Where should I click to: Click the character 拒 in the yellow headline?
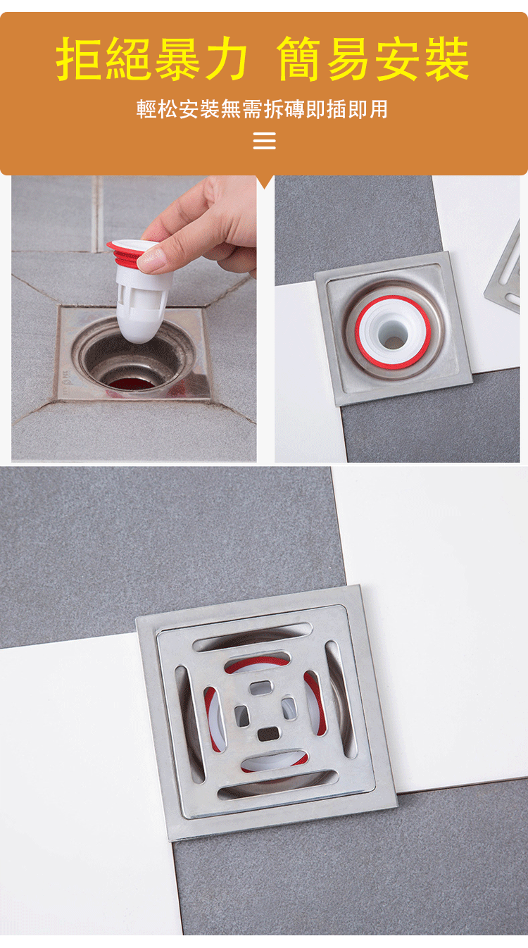[80, 58]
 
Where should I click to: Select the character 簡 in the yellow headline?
[299, 58]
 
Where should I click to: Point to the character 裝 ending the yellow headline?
[447, 58]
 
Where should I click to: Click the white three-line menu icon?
[265, 141]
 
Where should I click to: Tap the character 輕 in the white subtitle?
[146, 109]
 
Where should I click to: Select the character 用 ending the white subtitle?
[378, 109]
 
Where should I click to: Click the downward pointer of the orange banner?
[265, 182]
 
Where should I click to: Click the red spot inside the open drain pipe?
[131, 384]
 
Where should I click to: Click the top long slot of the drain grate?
[252, 636]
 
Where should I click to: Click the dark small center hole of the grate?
[268, 733]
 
